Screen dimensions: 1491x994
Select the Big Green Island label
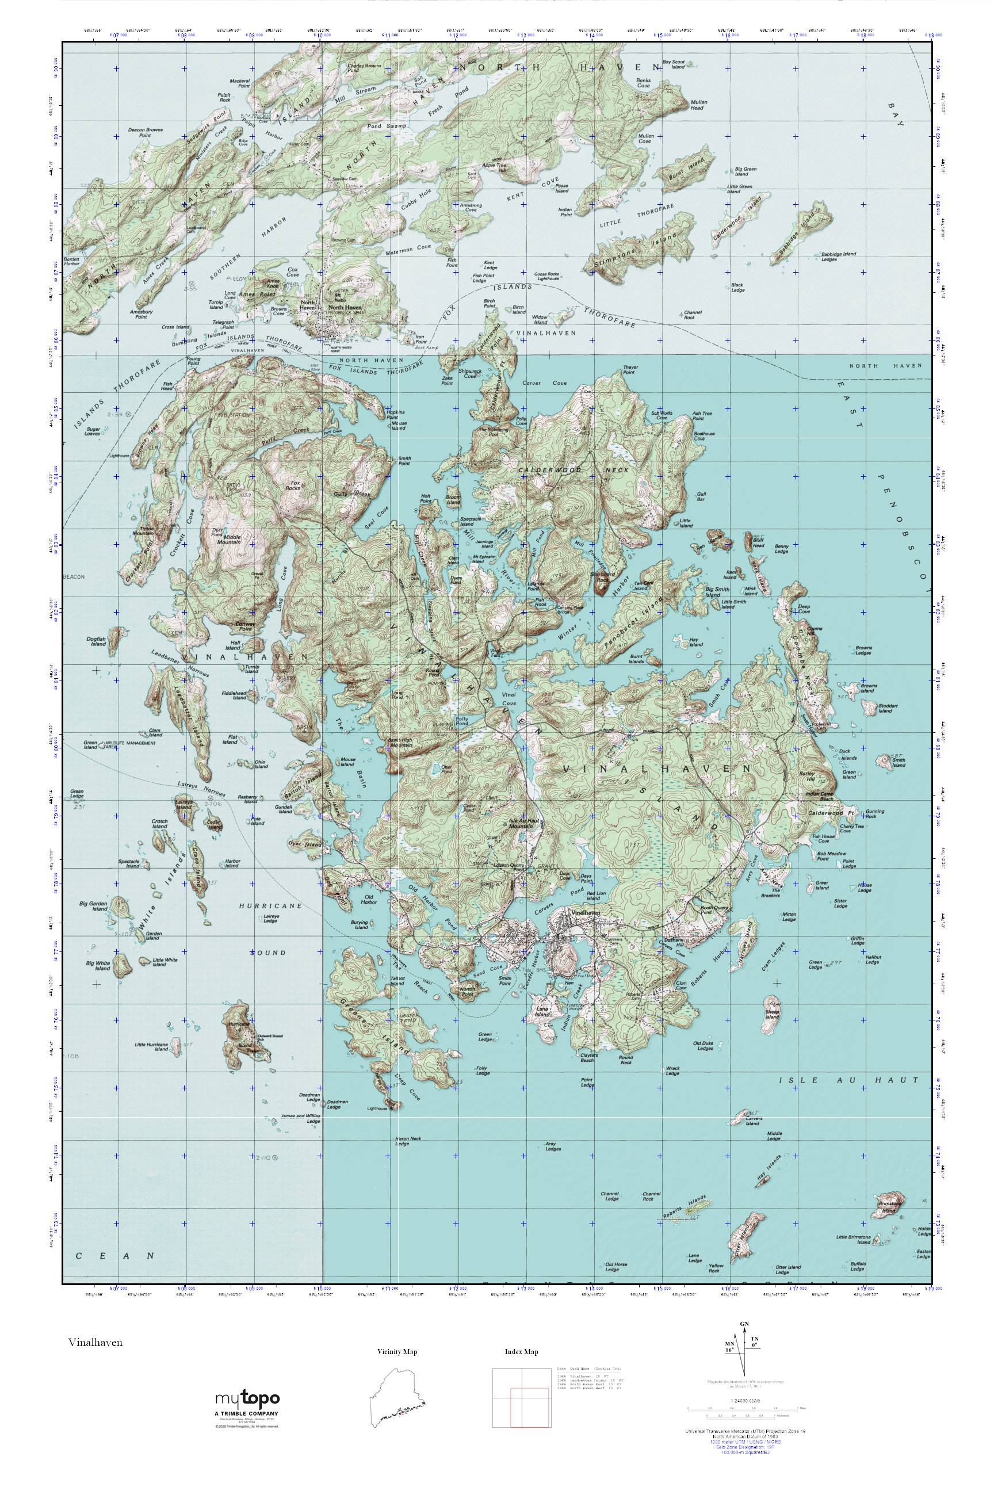coord(745,172)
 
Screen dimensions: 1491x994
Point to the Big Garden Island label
coord(94,906)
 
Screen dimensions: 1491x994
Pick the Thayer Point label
coord(629,369)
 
